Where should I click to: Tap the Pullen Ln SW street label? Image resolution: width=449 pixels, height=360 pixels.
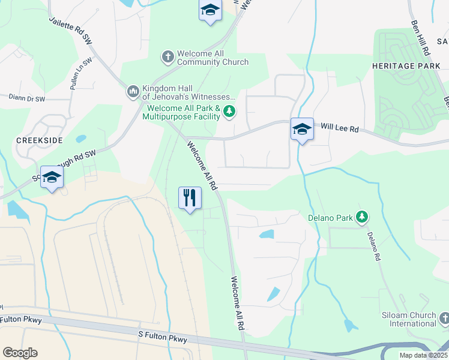tap(82, 73)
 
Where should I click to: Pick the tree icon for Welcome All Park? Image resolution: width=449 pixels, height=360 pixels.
tap(229, 111)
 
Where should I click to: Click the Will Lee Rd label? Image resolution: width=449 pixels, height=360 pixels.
tap(339, 128)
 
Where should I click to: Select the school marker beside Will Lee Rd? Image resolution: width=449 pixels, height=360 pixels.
tap(302, 129)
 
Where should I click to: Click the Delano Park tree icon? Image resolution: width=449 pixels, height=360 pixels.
tap(361, 217)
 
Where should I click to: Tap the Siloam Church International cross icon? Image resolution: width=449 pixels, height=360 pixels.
tap(444, 318)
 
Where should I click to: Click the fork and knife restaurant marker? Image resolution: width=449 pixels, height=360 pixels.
tap(190, 197)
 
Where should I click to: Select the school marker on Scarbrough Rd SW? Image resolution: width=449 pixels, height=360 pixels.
tap(52, 177)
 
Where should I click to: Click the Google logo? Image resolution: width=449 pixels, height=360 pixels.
tap(20, 353)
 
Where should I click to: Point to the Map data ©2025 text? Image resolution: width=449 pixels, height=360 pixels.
tap(423, 355)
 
